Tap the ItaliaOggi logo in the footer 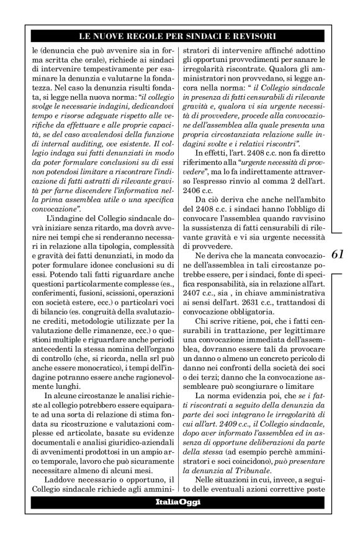click(x=178, y=519)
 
